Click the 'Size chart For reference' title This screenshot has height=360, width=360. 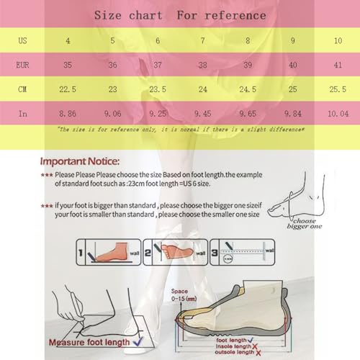(180, 15)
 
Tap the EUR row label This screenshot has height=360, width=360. (23, 64)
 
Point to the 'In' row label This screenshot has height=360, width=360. (23, 112)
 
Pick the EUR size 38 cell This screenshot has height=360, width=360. (202, 64)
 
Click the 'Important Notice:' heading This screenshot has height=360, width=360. (85, 162)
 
